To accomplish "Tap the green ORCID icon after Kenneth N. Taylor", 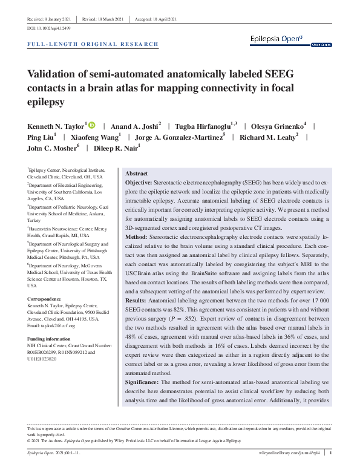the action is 91,125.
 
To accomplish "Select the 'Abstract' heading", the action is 136,173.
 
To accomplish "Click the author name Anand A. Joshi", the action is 136,126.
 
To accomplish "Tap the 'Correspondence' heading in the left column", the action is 44,298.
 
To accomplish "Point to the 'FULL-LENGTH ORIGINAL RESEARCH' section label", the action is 94,44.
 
